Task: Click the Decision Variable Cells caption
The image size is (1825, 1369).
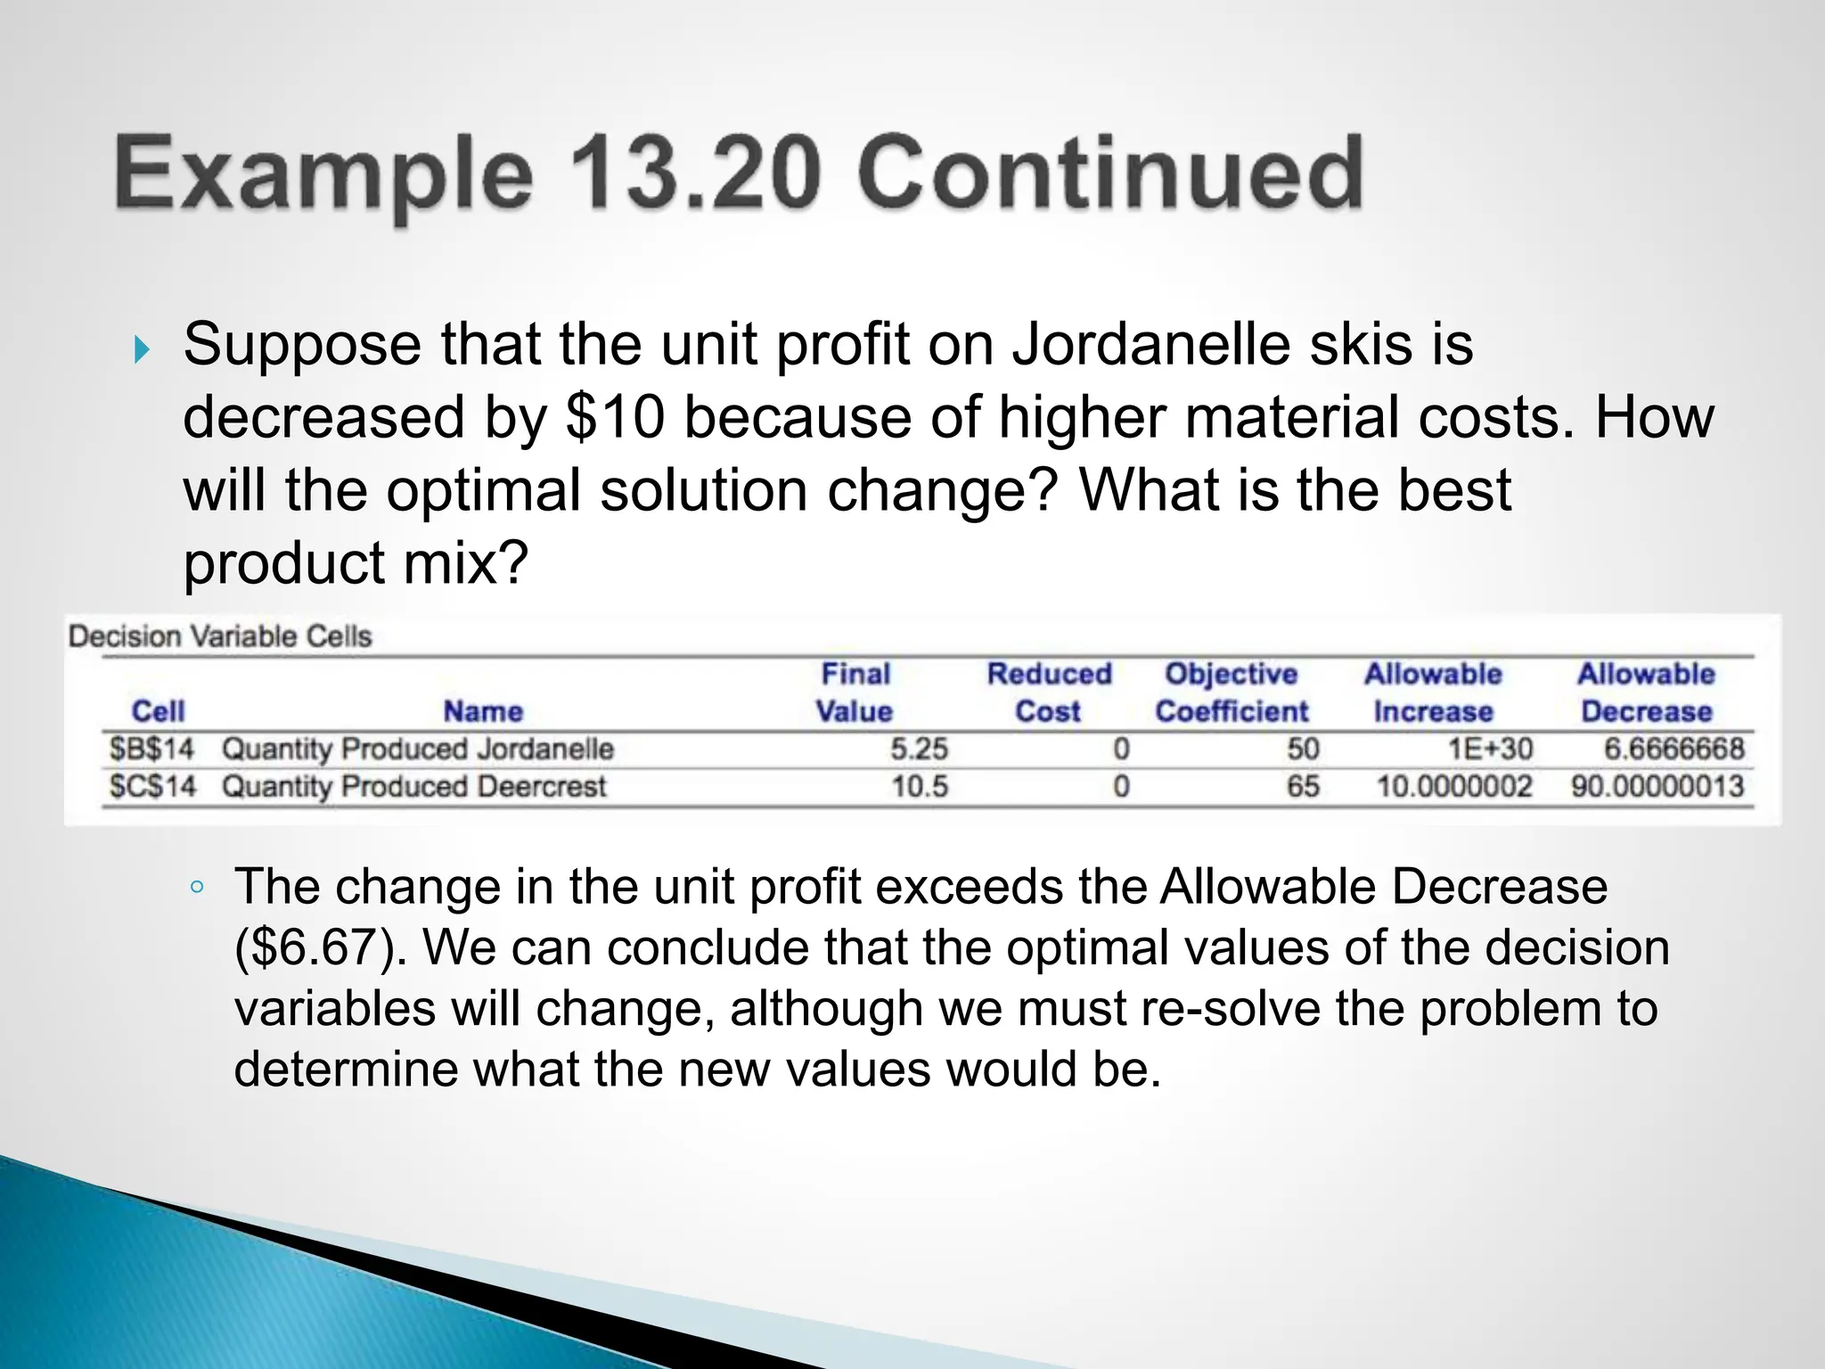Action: coord(220,636)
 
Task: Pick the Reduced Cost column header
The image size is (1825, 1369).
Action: coord(1049,693)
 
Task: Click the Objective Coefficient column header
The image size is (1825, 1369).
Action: coord(1232,693)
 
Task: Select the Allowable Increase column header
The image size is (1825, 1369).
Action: coord(1433,693)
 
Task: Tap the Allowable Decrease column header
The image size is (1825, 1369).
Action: coord(1646,693)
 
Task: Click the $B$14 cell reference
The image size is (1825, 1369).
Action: coord(151,749)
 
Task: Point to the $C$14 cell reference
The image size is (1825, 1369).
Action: coord(151,787)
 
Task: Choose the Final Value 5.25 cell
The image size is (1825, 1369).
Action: coord(919,749)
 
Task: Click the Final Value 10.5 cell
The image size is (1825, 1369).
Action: coord(920,787)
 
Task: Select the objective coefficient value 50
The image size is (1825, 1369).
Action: coord(1303,749)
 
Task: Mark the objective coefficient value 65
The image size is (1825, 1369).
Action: coord(1303,787)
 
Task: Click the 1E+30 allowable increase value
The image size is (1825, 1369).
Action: coord(1490,749)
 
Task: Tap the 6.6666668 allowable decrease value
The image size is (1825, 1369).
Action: coord(1674,749)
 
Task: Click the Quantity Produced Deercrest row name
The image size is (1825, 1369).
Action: coord(413,787)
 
